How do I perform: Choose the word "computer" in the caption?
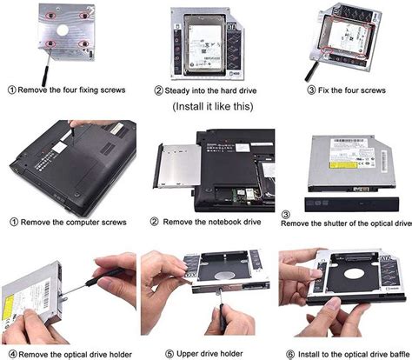79,223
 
